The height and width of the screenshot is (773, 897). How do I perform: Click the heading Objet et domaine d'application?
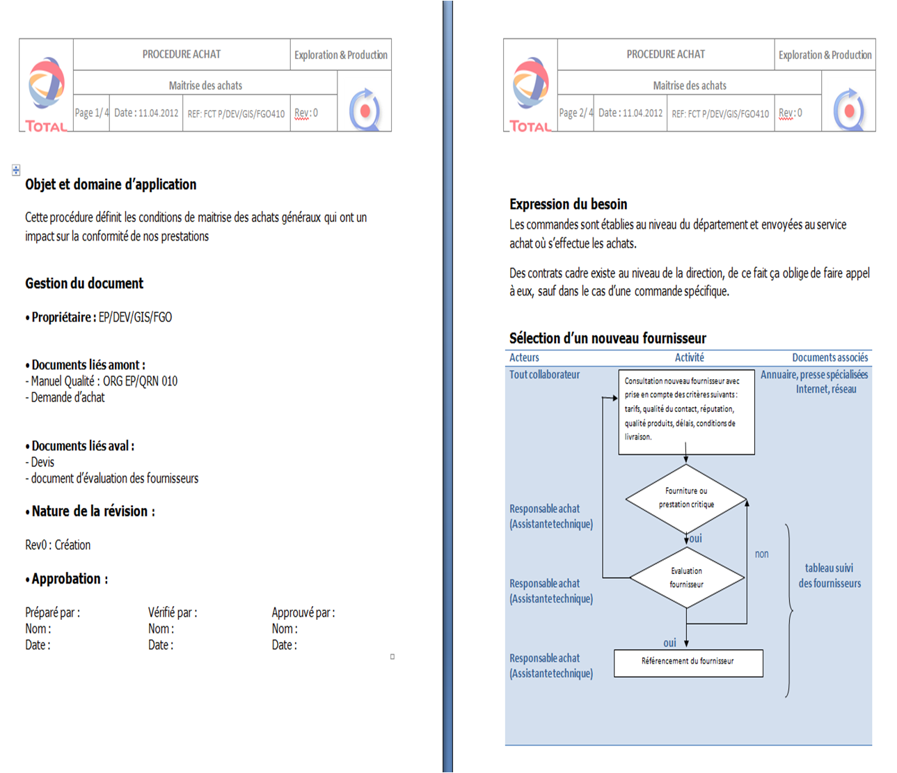click(x=111, y=184)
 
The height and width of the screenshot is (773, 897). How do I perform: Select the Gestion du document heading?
click(x=84, y=283)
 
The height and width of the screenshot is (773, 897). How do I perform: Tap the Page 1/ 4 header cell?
click(x=91, y=113)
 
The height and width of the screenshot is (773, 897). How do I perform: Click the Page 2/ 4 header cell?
click(x=575, y=113)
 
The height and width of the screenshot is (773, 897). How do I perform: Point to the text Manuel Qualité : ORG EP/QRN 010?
click(x=104, y=381)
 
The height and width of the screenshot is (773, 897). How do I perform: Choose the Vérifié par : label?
click(x=173, y=613)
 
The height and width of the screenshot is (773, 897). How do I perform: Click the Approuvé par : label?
click(x=303, y=613)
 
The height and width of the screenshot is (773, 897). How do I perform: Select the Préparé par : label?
click(x=52, y=613)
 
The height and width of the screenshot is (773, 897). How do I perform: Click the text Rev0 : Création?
click(x=58, y=545)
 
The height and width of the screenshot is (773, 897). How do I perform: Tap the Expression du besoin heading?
click(x=569, y=204)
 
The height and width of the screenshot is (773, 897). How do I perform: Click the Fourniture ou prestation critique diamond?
click(x=686, y=498)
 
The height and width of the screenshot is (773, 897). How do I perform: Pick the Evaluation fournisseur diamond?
click(x=686, y=577)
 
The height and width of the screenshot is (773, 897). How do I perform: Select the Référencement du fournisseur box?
click(x=688, y=662)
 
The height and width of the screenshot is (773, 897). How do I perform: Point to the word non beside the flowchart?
click(x=762, y=555)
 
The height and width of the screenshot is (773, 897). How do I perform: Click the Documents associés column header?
click(x=829, y=358)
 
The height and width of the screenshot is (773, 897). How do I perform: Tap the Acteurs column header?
click(x=524, y=358)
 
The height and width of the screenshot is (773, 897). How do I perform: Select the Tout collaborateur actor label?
click(x=544, y=374)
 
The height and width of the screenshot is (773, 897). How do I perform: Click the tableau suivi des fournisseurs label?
click(x=829, y=576)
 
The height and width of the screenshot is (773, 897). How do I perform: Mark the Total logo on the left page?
click(x=46, y=94)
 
